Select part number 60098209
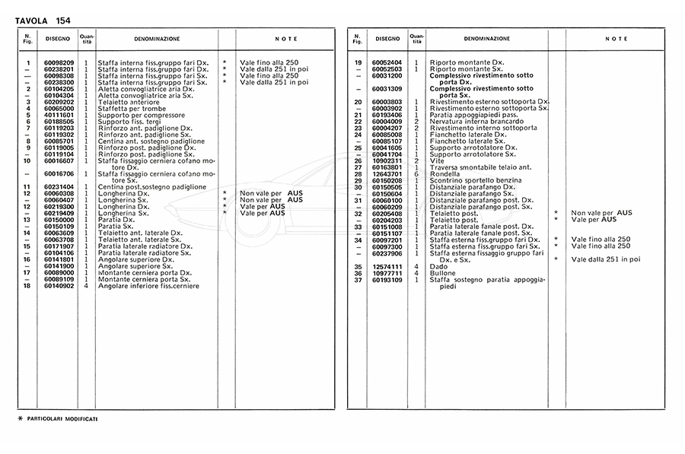pos(59,62)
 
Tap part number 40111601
pos(59,114)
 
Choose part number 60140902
pos(59,286)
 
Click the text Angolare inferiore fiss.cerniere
pos(148,286)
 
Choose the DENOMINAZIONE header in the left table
pos(158,38)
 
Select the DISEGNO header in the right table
pos(387,38)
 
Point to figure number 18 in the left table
pos(27,286)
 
